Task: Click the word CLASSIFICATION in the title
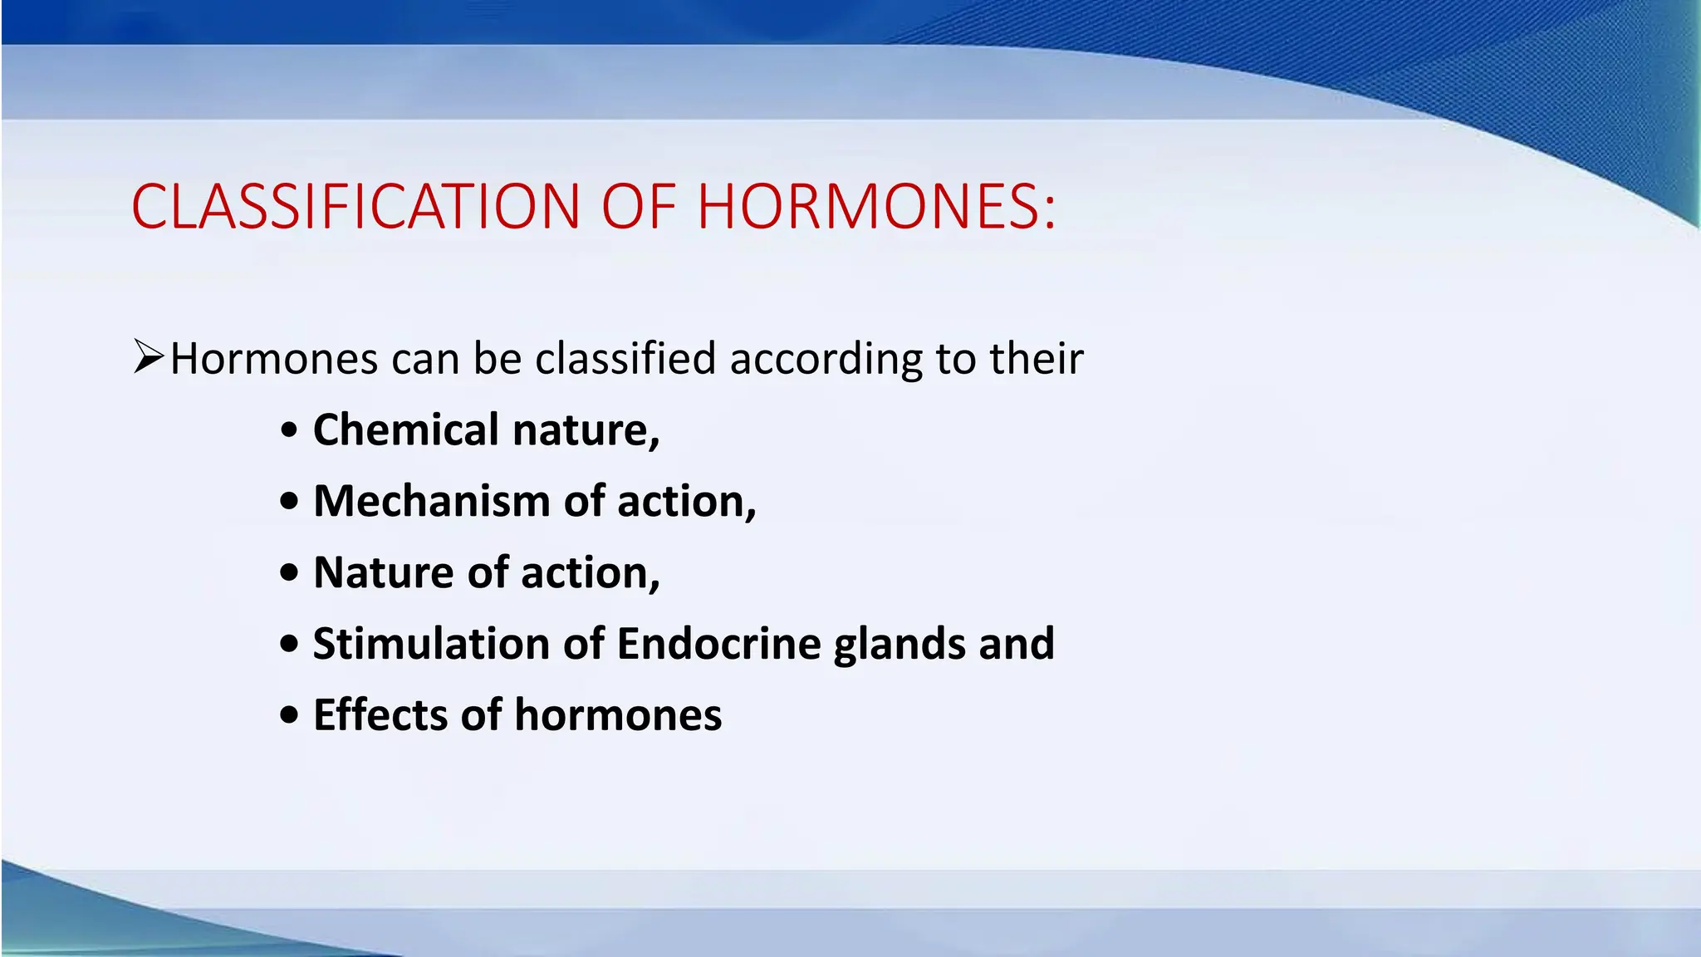click(x=355, y=206)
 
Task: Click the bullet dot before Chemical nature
click(x=288, y=430)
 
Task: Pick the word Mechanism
click(x=431, y=501)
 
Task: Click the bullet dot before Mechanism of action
click(x=288, y=502)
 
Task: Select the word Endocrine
click(x=719, y=644)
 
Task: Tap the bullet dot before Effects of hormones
click(x=288, y=715)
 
